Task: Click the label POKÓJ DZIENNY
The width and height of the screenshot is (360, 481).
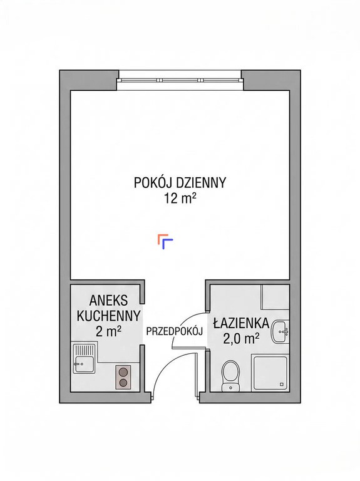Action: tap(180, 182)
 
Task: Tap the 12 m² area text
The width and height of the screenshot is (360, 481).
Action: tap(180, 199)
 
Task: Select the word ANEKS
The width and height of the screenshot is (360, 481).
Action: tap(108, 301)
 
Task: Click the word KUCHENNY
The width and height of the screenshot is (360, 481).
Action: tap(108, 316)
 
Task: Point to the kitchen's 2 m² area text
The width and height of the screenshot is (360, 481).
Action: tap(108, 331)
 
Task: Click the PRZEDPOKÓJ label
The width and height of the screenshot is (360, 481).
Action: tap(175, 331)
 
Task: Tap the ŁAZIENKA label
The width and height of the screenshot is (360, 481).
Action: tap(241, 323)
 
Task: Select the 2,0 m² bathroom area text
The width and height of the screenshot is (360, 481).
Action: tap(241, 338)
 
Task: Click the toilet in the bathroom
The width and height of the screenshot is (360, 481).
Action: tap(231, 376)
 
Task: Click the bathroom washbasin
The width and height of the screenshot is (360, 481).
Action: tap(280, 332)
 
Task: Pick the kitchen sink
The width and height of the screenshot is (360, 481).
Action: tap(85, 358)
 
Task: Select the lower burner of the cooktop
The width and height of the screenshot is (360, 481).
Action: tap(123, 383)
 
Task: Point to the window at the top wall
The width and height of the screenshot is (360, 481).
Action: tap(180, 80)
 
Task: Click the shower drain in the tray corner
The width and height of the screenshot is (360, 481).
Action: tap(282, 385)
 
